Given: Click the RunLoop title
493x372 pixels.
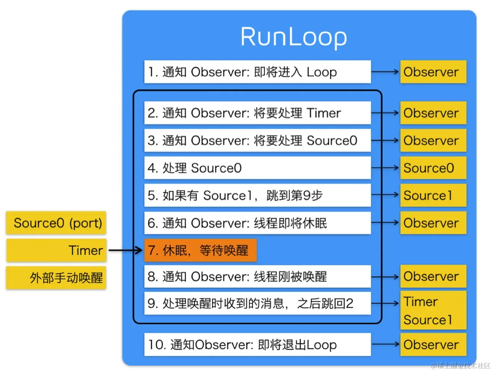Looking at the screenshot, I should tap(294, 37).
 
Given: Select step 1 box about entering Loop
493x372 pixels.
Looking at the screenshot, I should tap(257, 72).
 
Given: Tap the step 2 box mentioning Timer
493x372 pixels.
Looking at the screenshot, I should tap(257, 113).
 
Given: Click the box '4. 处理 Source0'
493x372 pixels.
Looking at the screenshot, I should tap(257, 168).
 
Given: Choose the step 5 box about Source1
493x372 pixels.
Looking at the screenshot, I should tap(257, 195).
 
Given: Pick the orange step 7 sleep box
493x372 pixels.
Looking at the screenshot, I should tap(200, 250).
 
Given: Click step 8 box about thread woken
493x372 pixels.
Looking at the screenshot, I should tap(257, 276).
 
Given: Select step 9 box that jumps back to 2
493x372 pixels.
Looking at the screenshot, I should tap(257, 303).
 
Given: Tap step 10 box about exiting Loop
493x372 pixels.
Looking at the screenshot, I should tap(257, 344).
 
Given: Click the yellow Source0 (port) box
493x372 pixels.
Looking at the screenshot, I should tap(56, 223).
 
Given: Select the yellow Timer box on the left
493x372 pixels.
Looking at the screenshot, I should tap(56, 250).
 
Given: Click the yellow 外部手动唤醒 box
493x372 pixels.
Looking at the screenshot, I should tap(56, 278).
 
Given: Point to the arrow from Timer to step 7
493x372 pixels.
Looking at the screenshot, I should tap(125, 250).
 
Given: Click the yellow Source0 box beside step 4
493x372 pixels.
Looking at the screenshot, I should tap(433, 168).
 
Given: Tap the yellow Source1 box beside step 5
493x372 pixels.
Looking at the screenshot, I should tap(433, 195).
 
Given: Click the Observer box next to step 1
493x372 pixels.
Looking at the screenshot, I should tap(433, 72).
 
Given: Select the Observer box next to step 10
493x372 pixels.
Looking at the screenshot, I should tap(433, 344).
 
